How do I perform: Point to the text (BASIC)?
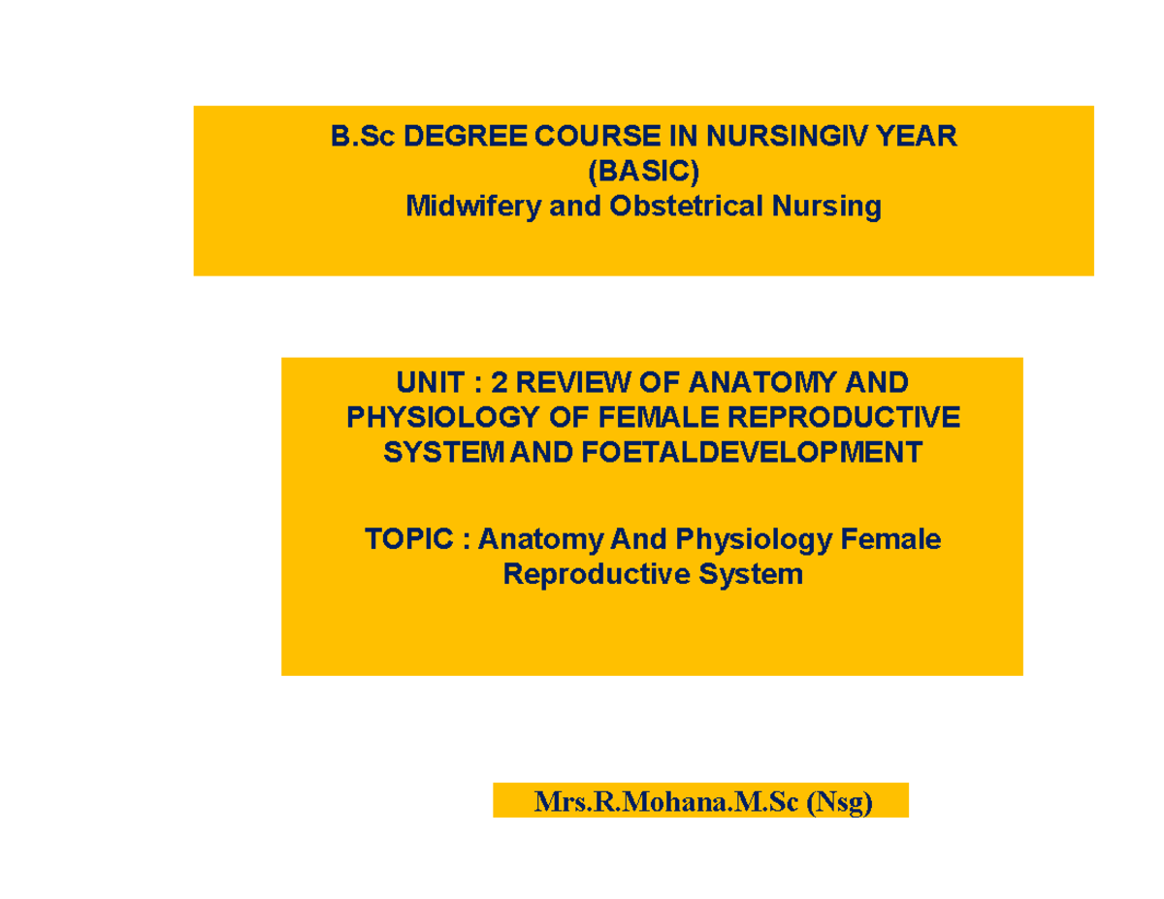[644, 172]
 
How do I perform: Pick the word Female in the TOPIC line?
[890, 538]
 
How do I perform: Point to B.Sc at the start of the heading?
[362, 138]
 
